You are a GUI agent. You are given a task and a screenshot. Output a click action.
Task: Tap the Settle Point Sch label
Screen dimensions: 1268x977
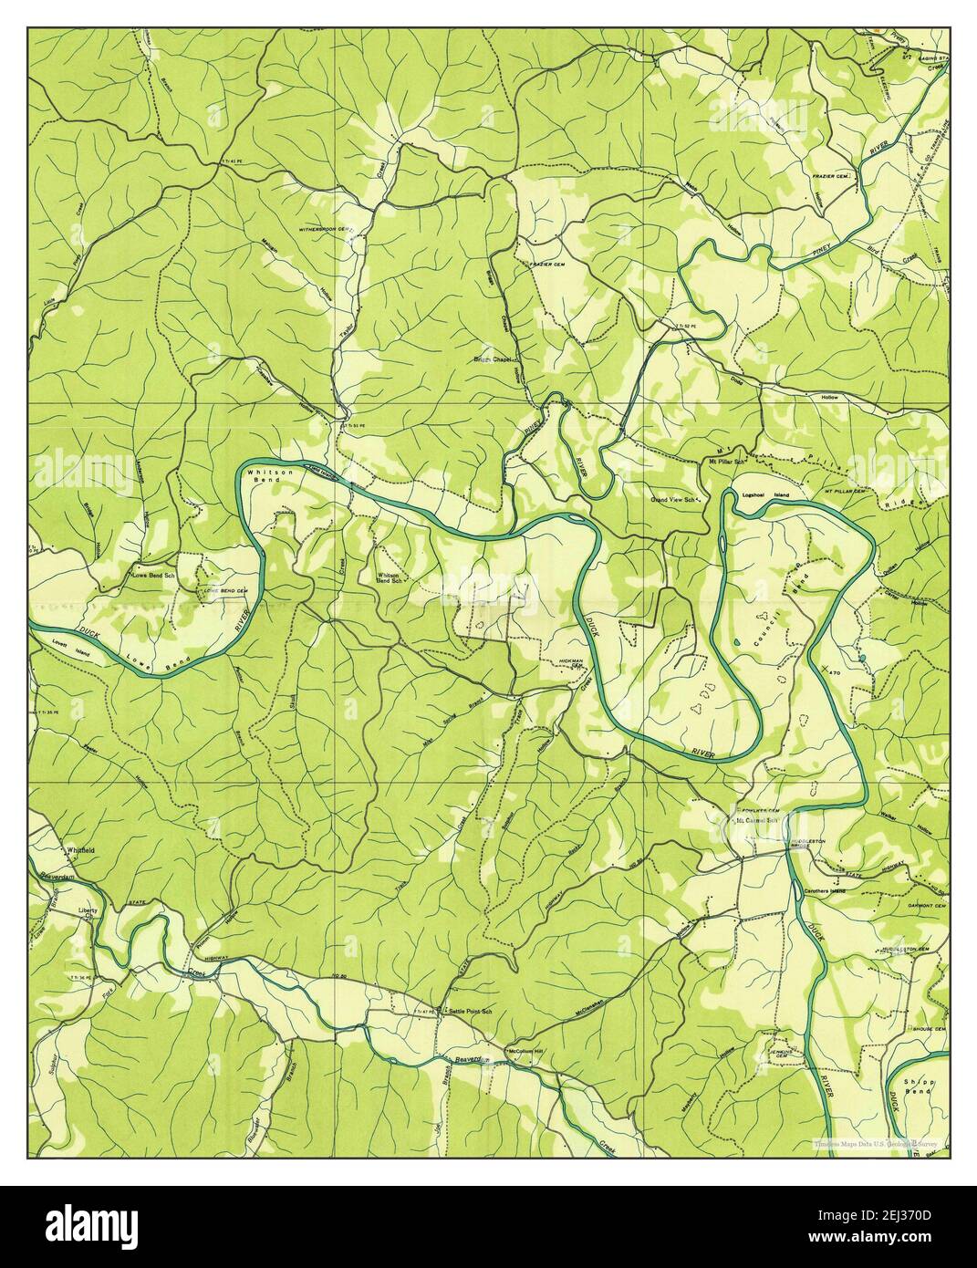[x=469, y=1012]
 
